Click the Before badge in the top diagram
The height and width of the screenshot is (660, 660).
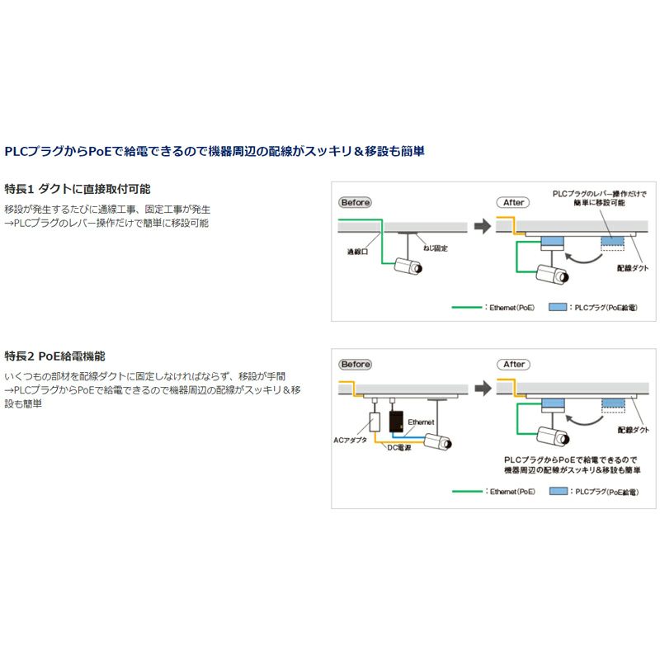click(x=356, y=202)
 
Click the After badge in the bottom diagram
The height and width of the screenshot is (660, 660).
click(x=514, y=364)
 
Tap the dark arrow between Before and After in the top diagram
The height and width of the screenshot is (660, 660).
click(x=482, y=226)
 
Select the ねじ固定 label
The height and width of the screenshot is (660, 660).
click(x=434, y=247)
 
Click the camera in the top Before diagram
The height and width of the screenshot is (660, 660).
click(x=409, y=266)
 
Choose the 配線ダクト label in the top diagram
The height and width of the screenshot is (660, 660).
click(x=633, y=268)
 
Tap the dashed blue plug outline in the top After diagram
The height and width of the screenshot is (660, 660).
click(x=612, y=243)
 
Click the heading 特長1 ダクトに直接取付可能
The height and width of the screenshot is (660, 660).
click(x=78, y=189)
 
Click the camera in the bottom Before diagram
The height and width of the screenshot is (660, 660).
click(x=436, y=441)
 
